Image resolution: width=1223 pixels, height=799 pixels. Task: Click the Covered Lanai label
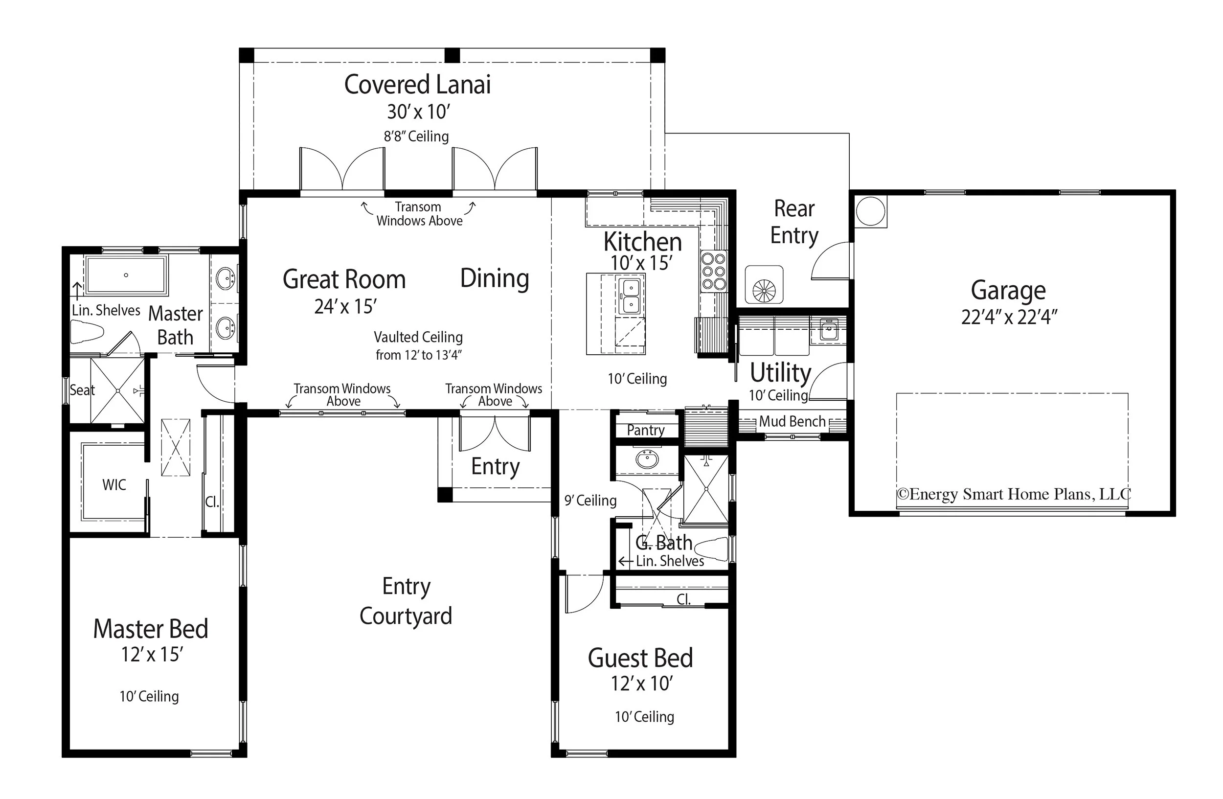(x=417, y=85)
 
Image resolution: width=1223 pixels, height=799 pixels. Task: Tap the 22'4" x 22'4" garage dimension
(x=1009, y=317)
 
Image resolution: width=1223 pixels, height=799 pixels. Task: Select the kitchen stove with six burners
(x=714, y=271)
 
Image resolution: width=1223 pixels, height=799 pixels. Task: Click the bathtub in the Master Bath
(x=126, y=275)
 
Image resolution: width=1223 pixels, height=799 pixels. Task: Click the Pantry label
(x=645, y=430)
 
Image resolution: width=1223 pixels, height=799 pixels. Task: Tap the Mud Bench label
(x=792, y=421)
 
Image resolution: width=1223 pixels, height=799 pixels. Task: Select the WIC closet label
(x=114, y=484)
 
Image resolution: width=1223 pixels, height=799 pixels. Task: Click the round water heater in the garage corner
(x=870, y=211)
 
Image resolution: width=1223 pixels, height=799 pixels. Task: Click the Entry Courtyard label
(x=406, y=601)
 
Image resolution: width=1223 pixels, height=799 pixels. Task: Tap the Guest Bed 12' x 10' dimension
(x=641, y=684)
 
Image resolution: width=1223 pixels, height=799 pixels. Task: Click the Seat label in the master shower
(x=82, y=390)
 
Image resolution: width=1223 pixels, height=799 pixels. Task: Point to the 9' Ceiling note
(x=590, y=500)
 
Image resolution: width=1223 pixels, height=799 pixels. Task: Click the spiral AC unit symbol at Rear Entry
(x=764, y=291)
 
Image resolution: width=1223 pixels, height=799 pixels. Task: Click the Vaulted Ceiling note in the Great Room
(x=418, y=345)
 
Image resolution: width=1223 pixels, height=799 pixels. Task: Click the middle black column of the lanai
(x=452, y=55)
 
